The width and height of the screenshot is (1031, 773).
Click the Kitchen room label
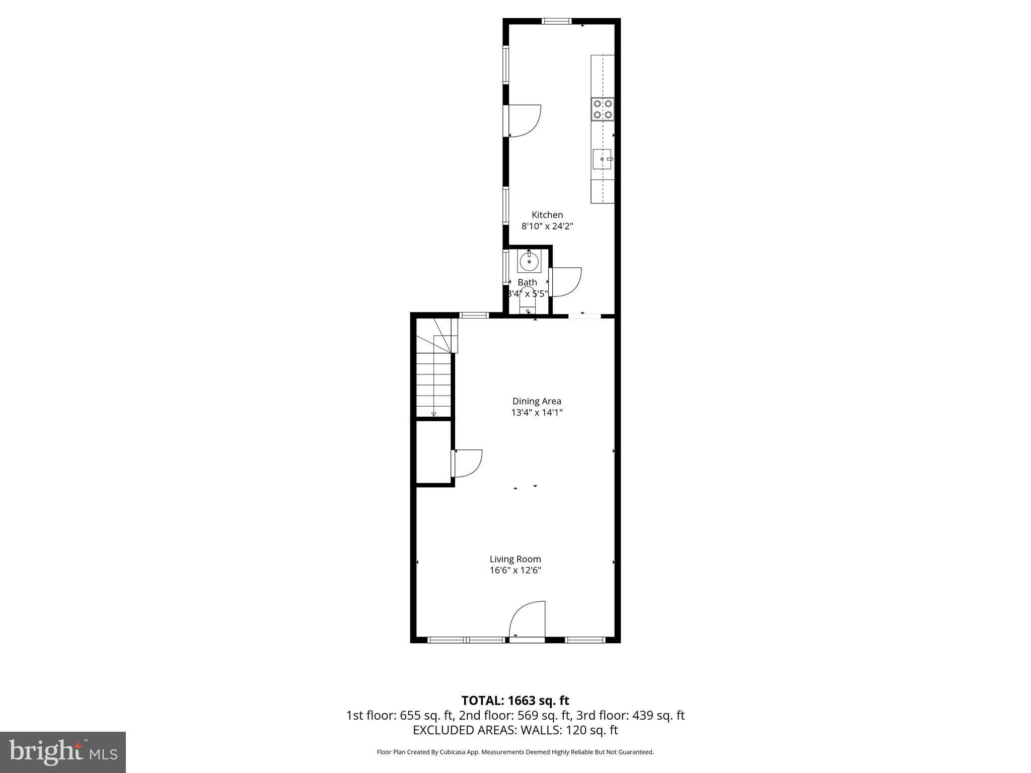(x=547, y=215)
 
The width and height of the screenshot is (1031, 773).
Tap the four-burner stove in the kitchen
(x=603, y=109)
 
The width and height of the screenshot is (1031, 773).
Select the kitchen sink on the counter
(x=602, y=159)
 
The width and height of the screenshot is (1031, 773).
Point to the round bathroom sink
(x=529, y=261)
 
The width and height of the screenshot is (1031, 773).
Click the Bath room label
(x=527, y=282)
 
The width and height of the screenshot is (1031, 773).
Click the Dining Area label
(x=537, y=401)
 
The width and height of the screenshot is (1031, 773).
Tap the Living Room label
(x=515, y=559)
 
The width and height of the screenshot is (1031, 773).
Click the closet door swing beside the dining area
(x=468, y=463)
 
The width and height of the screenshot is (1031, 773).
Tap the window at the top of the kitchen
(x=556, y=21)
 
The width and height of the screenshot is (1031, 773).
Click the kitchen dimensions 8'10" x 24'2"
(x=547, y=226)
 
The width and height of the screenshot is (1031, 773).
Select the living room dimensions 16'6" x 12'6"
(x=515, y=570)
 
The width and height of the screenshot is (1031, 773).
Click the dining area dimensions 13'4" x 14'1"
(x=537, y=413)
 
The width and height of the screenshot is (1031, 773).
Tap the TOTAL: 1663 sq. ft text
(x=515, y=701)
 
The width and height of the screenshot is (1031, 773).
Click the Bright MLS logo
(x=63, y=752)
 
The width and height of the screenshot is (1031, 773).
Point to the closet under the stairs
(x=433, y=452)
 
